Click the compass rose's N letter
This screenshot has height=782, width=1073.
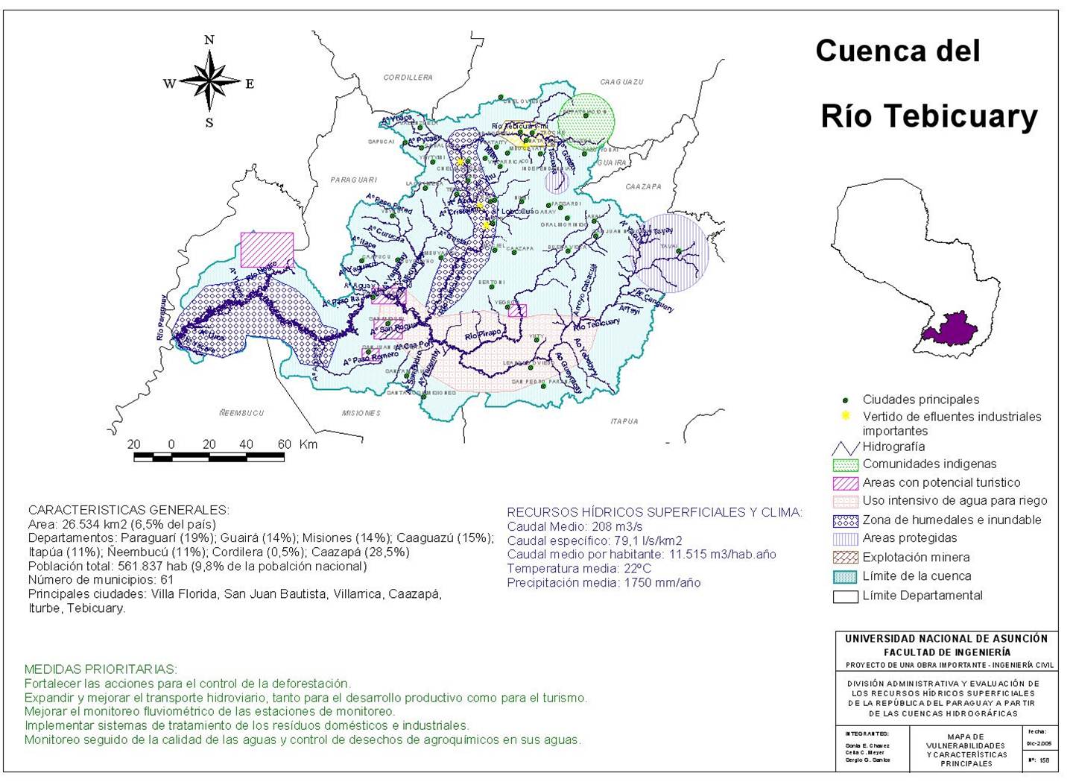(209, 40)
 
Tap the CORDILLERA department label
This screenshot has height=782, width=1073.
(408, 78)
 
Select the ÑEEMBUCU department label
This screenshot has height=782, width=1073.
(241, 412)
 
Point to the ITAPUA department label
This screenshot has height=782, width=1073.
(624, 421)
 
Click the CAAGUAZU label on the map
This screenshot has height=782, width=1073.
(621, 81)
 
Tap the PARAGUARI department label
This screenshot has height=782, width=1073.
(354, 180)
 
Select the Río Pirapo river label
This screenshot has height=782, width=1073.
(483, 335)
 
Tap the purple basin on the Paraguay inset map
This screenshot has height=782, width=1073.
(951, 329)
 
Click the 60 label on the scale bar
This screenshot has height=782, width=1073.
(284, 444)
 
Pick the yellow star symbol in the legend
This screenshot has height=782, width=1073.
(845, 416)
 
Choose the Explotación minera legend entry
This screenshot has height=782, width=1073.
(916, 557)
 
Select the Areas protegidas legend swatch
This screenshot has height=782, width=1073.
(845, 538)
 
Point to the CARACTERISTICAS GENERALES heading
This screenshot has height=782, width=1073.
(128, 510)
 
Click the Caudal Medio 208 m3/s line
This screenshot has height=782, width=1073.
(575, 526)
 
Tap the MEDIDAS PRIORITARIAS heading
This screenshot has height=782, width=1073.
(101, 669)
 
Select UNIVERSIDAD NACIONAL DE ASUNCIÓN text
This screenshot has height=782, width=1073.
(946, 639)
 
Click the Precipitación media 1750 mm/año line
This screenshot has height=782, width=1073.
(604, 583)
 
